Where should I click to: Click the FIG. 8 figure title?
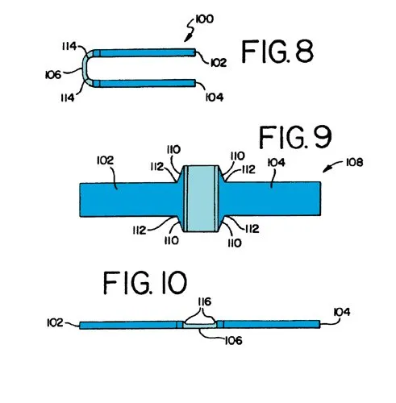277,52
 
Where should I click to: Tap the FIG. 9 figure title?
295,137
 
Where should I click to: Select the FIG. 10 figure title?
145,283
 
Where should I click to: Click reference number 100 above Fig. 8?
205,19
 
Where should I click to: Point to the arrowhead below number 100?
187,39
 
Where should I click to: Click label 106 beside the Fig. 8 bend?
53,75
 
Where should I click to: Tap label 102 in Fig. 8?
219,63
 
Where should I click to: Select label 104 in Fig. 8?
215,98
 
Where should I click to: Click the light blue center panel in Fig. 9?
201,198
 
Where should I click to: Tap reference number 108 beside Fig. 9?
355,162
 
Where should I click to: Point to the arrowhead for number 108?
326,169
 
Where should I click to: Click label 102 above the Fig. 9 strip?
105,160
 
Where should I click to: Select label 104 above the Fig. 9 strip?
277,163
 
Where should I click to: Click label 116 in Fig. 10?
205,302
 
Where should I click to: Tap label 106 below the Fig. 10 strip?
233,341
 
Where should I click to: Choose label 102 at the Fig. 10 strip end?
55,322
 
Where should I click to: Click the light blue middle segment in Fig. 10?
200,326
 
